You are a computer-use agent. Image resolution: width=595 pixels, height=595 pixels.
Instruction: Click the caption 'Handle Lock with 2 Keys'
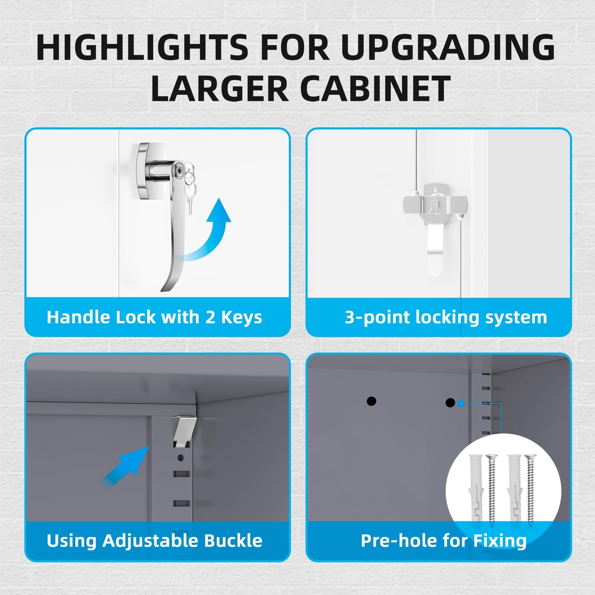click(154, 317)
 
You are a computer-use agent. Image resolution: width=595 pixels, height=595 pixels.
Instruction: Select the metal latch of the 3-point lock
click(436, 222)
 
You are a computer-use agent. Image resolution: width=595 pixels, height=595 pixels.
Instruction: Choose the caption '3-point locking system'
click(446, 317)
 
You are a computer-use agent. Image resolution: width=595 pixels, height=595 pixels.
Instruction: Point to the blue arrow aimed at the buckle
click(126, 466)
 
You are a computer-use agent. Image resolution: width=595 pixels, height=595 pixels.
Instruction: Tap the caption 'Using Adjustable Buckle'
click(154, 541)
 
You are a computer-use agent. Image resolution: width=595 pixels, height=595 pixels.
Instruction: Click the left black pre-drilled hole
click(371, 401)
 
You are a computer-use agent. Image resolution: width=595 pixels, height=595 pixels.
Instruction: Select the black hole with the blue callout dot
click(450, 403)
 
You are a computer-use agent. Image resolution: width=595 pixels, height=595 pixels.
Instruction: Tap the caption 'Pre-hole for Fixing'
click(443, 541)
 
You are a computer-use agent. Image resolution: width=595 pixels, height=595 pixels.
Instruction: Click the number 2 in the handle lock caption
click(210, 317)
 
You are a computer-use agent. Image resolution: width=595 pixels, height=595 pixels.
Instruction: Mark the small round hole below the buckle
click(180, 458)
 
